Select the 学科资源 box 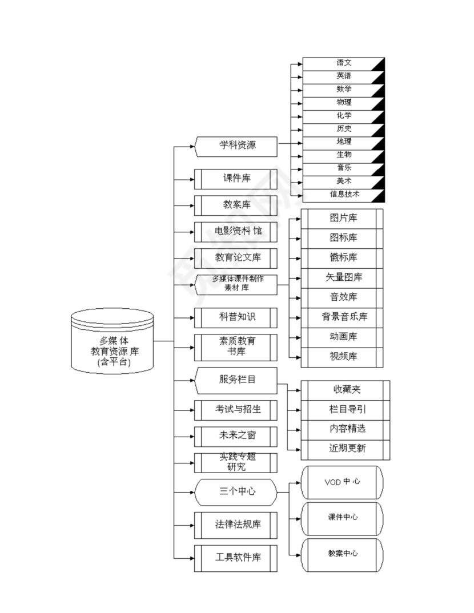pyautogui.click(x=236, y=146)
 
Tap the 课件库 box pyautogui.click(x=236, y=179)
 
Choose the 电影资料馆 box pyautogui.click(x=236, y=232)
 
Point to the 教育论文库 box pyautogui.click(x=236, y=258)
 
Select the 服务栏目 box pyautogui.click(x=236, y=380)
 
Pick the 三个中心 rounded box pyautogui.click(x=236, y=491)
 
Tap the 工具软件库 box pyautogui.click(x=236, y=558)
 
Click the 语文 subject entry pyautogui.click(x=344, y=63)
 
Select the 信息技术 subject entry pyautogui.click(x=344, y=195)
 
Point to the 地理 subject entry pyautogui.click(x=344, y=142)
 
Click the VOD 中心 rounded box pyautogui.click(x=342, y=482)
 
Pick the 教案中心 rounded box pyautogui.click(x=342, y=554)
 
